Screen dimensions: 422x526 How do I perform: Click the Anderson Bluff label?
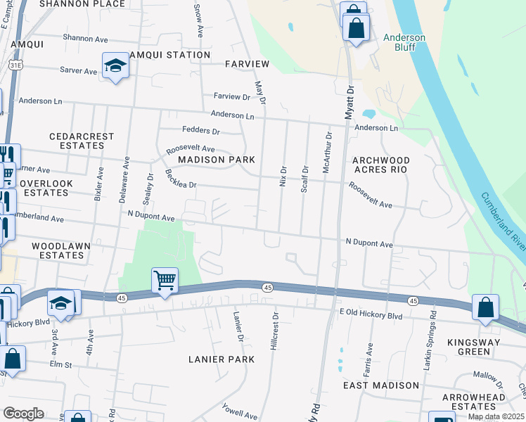click(x=404, y=42)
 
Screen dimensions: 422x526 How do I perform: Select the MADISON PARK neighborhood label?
click(x=216, y=160)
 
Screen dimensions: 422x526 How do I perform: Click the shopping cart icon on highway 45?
click(x=165, y=281)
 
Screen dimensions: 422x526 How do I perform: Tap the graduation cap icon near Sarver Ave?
click(x=115, y=66)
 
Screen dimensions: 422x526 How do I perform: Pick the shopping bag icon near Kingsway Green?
click(x=485, y=307)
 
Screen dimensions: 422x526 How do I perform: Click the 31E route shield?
click(x=14, y=65)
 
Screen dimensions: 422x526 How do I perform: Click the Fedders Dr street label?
click(x=201, y=131)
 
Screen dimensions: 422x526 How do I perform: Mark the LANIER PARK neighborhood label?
click(x=216, y=359)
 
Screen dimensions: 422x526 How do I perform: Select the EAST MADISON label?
click(x=380, y=385)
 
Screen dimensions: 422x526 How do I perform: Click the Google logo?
click(x=23, y=413)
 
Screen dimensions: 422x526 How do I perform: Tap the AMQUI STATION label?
click(x=169, y=55)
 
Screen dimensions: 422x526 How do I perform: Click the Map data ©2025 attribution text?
click(x=496, y=416)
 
